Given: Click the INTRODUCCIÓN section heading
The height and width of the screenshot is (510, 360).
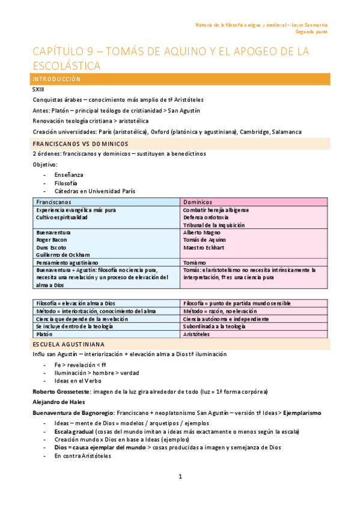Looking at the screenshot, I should (x=57, y=79).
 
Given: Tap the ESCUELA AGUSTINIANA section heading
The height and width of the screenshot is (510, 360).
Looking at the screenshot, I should (x=69, y=343).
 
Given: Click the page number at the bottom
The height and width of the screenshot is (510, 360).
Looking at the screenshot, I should (x=180, y=476).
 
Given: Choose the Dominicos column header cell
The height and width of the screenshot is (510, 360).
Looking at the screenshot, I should (x=198, y=202).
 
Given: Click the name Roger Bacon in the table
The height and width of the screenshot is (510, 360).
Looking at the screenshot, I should (x=52, y=239).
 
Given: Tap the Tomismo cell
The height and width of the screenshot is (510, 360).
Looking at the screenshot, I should (x=196, y=262).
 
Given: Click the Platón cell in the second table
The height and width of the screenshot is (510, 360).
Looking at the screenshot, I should (x=44, y=334).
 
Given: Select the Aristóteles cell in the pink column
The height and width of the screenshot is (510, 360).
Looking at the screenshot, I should (x=200, y=334).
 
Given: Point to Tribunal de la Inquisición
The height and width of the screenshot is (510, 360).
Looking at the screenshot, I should (x=214, y=225).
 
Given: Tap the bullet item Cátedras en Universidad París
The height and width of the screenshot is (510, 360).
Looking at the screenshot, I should (x=94, y=191).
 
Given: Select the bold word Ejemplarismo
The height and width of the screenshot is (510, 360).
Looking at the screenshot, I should (x=301, y=413).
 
